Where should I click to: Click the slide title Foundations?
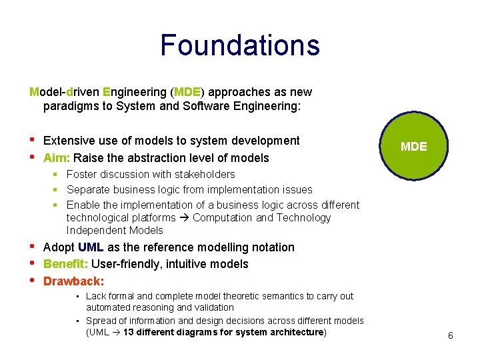coord(240,45)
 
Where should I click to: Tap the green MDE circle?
coord(414,147)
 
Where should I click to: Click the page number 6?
coord(451,335)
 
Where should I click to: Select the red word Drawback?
coord(73,281)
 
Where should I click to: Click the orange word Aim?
coord(57,158)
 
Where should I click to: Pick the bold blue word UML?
coord(91,247)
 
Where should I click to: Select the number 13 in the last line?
coord(129,332)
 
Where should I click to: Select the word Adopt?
coord(59,247)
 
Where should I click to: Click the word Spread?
coord(101,321)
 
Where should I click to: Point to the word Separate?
coord(89,190)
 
